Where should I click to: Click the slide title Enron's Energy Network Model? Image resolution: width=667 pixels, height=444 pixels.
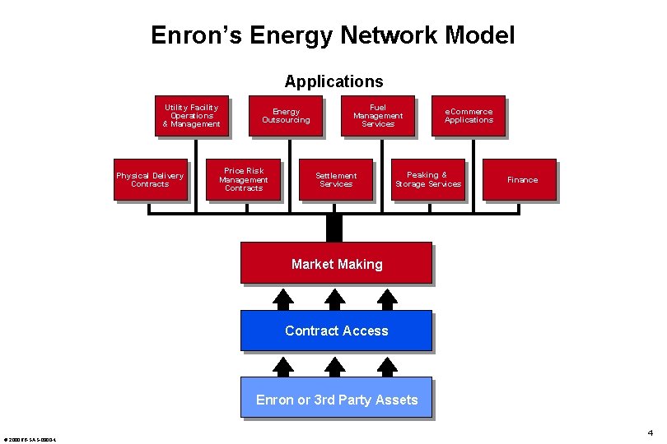tap(333, 35)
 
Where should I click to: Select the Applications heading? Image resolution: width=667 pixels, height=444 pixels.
tap(333, 81)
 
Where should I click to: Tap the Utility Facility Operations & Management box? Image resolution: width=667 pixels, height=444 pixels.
tap(191, 116)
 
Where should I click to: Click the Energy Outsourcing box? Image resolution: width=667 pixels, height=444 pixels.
tap(286, 116)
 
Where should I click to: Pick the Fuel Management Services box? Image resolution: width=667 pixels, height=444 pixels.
tap(378, 116)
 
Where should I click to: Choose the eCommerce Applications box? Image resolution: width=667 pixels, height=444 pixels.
tap(469, 116)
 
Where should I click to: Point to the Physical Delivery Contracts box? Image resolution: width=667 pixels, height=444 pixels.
tap(150, 179)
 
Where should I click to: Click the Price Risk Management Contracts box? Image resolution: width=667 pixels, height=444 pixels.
tap(243, 179)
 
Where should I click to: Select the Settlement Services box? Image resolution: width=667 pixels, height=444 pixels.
tap(336, 179)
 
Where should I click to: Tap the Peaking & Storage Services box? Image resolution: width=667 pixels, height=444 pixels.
tap(428, 179)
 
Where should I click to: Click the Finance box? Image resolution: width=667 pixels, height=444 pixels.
tap(521, 179)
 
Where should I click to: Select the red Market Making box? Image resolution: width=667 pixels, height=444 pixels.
tap(336, 263)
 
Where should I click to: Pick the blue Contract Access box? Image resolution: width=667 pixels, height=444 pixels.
tap(336, 331)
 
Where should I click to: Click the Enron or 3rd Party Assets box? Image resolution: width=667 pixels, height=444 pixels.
tap(336, 400)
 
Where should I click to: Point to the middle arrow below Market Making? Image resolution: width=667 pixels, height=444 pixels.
tap(334, 298)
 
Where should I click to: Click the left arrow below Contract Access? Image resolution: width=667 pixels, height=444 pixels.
tap(282, 366)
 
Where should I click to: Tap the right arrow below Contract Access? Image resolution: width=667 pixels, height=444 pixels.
tap(385, 366)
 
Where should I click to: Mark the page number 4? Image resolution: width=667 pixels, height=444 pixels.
tap(650, 432)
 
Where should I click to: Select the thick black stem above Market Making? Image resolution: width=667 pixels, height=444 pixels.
tap(334, 227)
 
